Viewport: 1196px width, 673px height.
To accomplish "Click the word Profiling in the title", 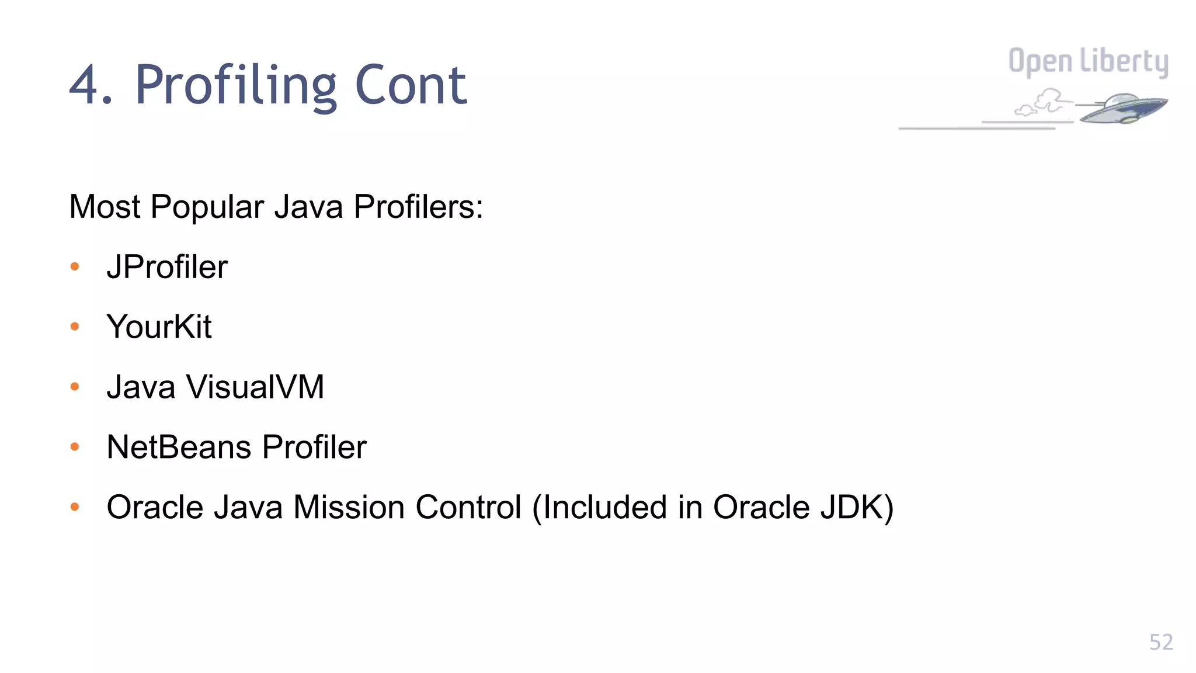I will [236, 86].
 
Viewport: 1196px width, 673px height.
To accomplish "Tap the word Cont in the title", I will [411, 86].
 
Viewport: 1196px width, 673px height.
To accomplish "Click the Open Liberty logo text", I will [1088, 62].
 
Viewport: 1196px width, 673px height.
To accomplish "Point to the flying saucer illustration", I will [1122, 109].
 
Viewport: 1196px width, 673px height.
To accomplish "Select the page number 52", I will [1160, 642].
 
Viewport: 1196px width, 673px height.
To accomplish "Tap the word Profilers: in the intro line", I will [419, 207].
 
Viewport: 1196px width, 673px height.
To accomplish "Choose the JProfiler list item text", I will [167, 267].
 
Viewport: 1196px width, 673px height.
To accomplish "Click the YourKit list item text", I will [159, 327].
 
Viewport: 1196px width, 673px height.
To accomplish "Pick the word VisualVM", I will [255, 387].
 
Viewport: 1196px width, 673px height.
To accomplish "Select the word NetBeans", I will [179, 447].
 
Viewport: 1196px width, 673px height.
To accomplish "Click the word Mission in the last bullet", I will [349, 507].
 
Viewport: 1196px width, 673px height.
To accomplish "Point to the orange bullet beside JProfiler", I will [75, 267].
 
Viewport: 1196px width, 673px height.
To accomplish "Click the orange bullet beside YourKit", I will [75, 327].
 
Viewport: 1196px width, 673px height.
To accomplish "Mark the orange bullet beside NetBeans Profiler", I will [75, 447].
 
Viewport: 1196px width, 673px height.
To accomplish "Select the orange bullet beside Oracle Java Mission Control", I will [75, 507].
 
